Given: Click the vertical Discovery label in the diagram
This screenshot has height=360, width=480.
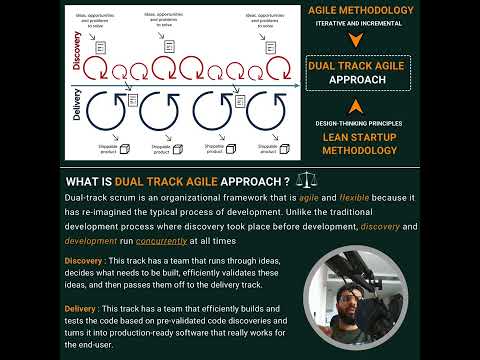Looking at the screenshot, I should click(x=77, y=57).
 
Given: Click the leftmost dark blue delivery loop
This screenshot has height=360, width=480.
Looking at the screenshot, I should click(x=110, y=108).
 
